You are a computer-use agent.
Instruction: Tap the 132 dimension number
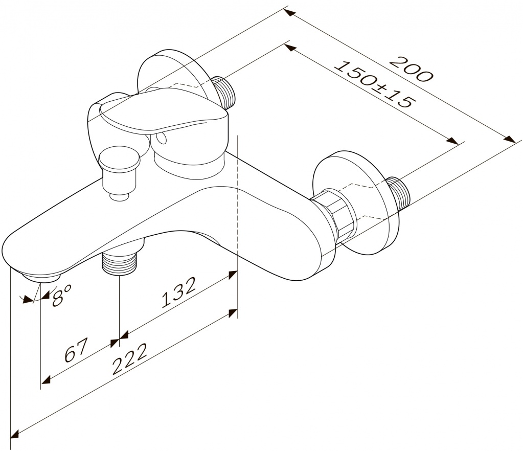178,292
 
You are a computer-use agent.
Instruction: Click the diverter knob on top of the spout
120,173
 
